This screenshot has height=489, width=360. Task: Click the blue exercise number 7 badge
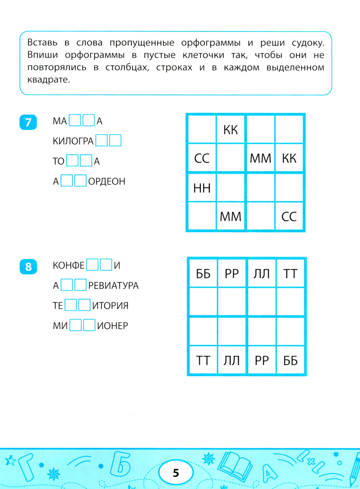tap(28, 122)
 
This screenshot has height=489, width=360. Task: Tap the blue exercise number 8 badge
tap(28, 267)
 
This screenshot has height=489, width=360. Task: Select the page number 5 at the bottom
tap(176, 472)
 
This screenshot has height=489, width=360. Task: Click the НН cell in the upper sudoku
tap(202, 188)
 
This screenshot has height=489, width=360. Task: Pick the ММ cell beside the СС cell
tap(260, 158)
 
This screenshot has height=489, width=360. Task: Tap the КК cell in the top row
tap(231, 130)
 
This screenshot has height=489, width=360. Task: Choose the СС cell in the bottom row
tap(289, 216)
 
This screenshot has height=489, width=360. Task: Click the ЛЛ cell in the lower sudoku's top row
tap(261, 274)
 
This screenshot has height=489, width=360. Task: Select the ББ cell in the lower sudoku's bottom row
tap(291, 360)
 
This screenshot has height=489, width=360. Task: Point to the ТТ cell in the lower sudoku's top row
tap(290, 274)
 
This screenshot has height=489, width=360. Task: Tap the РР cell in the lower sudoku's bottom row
tap(262, 360)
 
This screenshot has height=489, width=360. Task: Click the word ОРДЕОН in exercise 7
tap(107, 181)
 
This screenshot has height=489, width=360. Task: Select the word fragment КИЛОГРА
tap(73, 141)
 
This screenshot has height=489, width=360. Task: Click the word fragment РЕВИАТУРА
tap(113, 286)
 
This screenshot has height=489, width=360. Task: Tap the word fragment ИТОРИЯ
tap(110, 306)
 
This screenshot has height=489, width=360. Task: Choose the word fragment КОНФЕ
tap(68, 265)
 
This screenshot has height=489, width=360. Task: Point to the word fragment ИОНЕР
tap(112, 326)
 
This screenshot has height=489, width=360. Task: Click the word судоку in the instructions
tap(308, 43)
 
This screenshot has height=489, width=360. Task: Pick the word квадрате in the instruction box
tap(49, 80)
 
